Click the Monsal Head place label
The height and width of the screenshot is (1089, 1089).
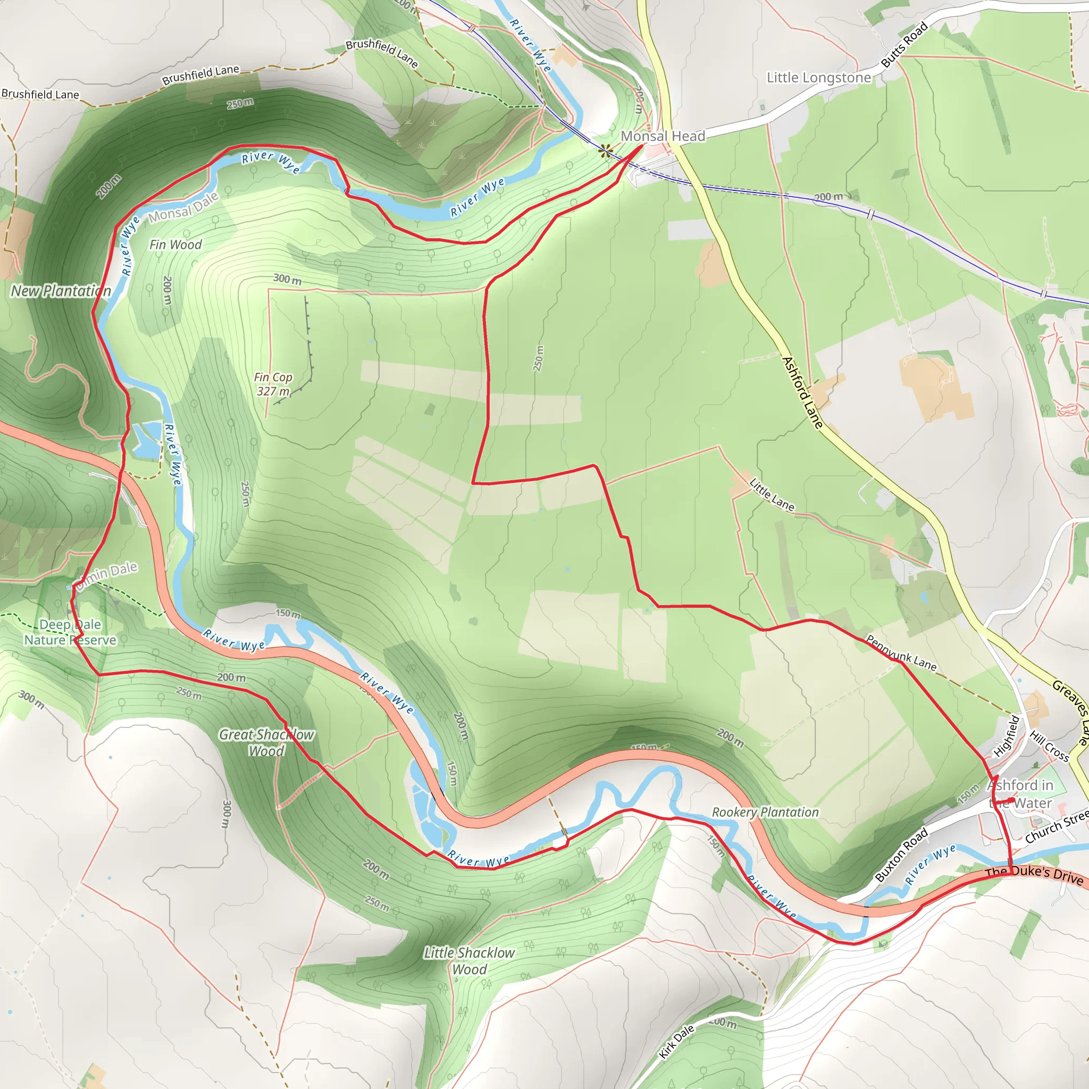(x=663, y=137)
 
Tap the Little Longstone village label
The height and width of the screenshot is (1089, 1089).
(x=818, y=78)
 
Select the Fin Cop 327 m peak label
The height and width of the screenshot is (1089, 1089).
(x=273, y=384)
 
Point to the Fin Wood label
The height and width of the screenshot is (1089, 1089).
(x=175, y=245)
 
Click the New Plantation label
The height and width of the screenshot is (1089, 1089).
(x=61, y=291)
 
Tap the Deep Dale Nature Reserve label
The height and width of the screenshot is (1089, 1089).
(x=70, y=632)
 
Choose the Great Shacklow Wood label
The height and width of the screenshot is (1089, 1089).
(x=266, y=742)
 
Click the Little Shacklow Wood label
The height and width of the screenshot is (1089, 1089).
(x=469, y=960)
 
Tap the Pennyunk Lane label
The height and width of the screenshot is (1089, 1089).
(x=901, y=654)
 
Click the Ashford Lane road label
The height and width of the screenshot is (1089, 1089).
(x=802, y=392)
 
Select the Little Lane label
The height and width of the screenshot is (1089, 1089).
(x=772, y=495)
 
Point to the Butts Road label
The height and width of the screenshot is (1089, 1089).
(x=904, y=45)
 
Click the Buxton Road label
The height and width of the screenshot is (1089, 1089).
(x=901, y=855)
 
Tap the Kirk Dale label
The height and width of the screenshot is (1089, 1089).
(x=677, y=1042)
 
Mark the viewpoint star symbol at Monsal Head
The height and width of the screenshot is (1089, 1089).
(x=605, y=150)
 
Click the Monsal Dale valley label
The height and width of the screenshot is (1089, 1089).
(x=183, y=207)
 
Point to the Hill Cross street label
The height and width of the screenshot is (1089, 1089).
(x=1049, y=745)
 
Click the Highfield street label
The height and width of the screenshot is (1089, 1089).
(x=1006, y=736)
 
